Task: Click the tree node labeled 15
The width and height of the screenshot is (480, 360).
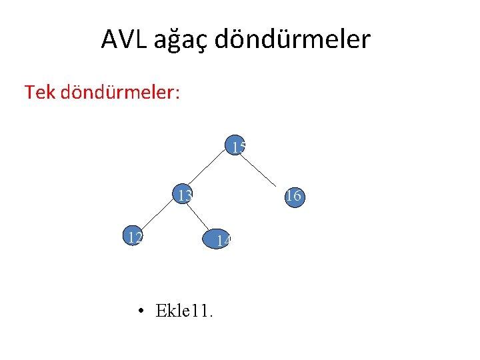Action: click(235, 147)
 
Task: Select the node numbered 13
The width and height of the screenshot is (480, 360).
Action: click(182, 195)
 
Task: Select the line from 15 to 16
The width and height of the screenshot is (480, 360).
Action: click(262, 171)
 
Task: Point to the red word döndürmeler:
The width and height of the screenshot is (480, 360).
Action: click(120, 92)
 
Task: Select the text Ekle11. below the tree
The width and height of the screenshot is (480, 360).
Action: click(184, 311)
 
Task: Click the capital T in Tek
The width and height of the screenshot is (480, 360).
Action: click(29, 92)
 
